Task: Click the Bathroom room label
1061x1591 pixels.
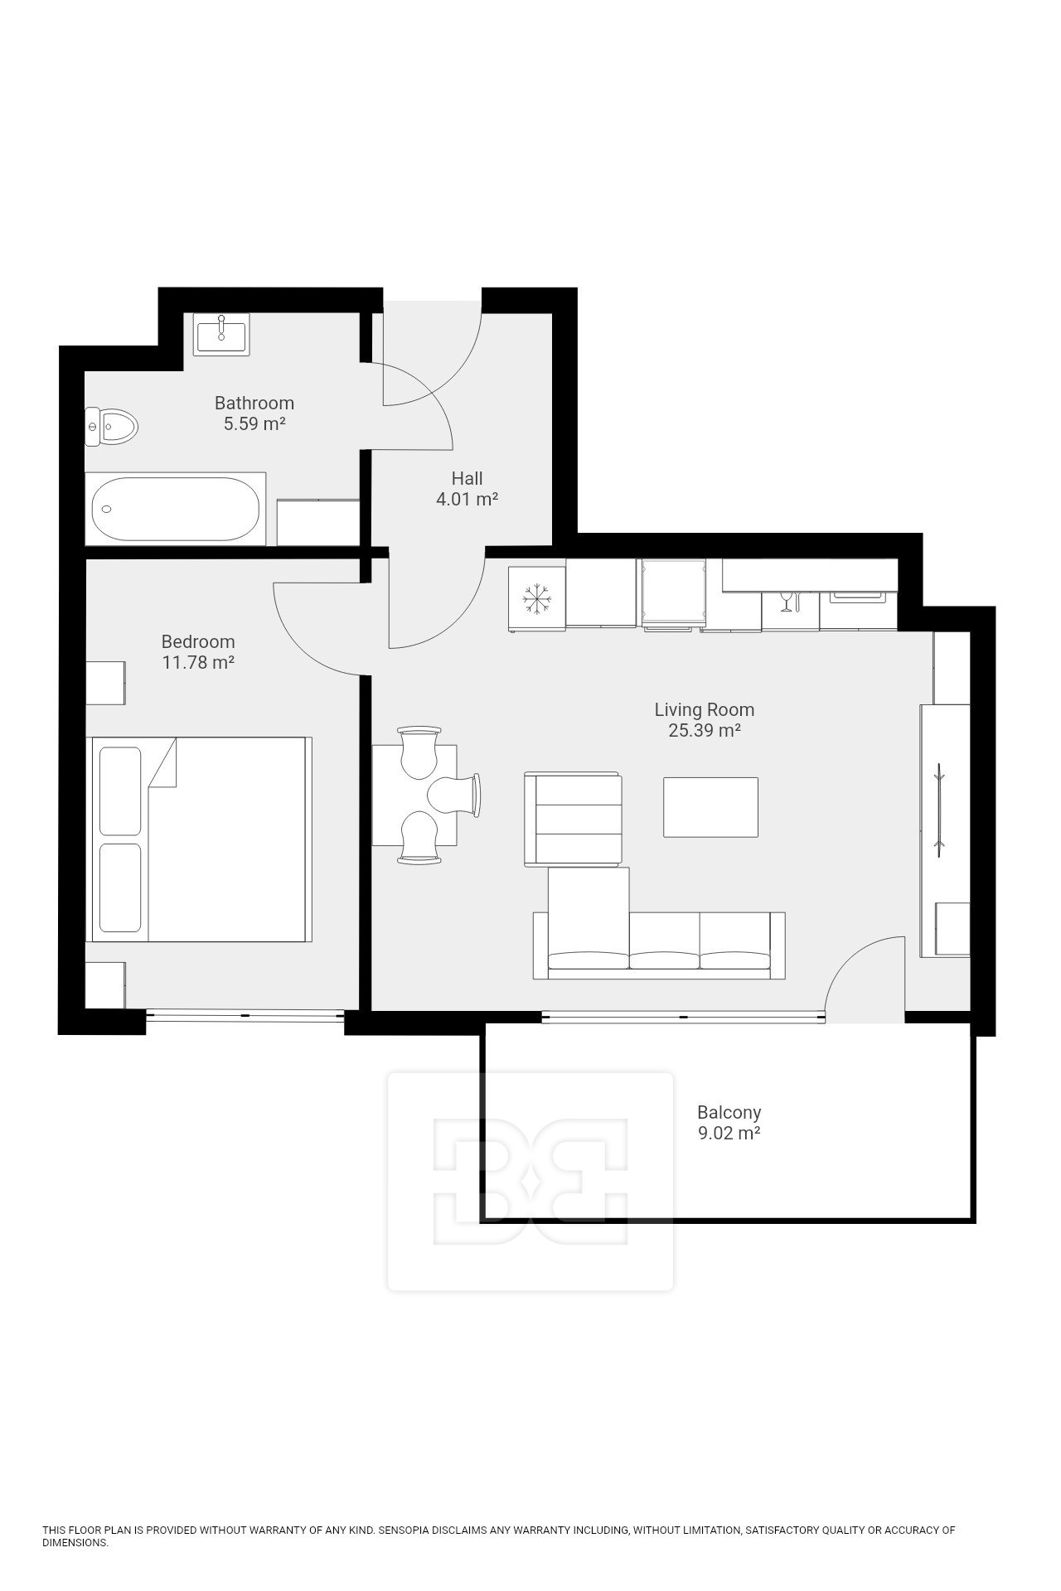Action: [x=254, y=404]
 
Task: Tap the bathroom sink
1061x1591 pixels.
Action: [x=221, y=334]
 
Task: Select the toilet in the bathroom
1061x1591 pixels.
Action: [x=112, y=427]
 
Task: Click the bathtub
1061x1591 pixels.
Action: [x=176, y=509]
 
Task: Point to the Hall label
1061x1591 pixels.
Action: [x=467, y=478]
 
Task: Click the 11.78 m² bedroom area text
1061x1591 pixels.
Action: [x=198, y=663]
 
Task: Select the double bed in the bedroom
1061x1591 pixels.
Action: [x=200, y=839]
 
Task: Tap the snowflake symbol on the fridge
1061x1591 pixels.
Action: [x=537, y=600]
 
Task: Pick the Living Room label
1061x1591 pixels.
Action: [x=705, y=709]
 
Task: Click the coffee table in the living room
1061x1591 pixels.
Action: [x=710, y=806]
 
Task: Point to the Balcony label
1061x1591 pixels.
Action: [x=729, y=1112]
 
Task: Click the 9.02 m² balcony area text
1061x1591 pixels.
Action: [x=729, y=1134]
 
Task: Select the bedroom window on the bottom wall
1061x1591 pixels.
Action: [x=245, y=1015]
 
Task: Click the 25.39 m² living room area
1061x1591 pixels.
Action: [x=705, y=731]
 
